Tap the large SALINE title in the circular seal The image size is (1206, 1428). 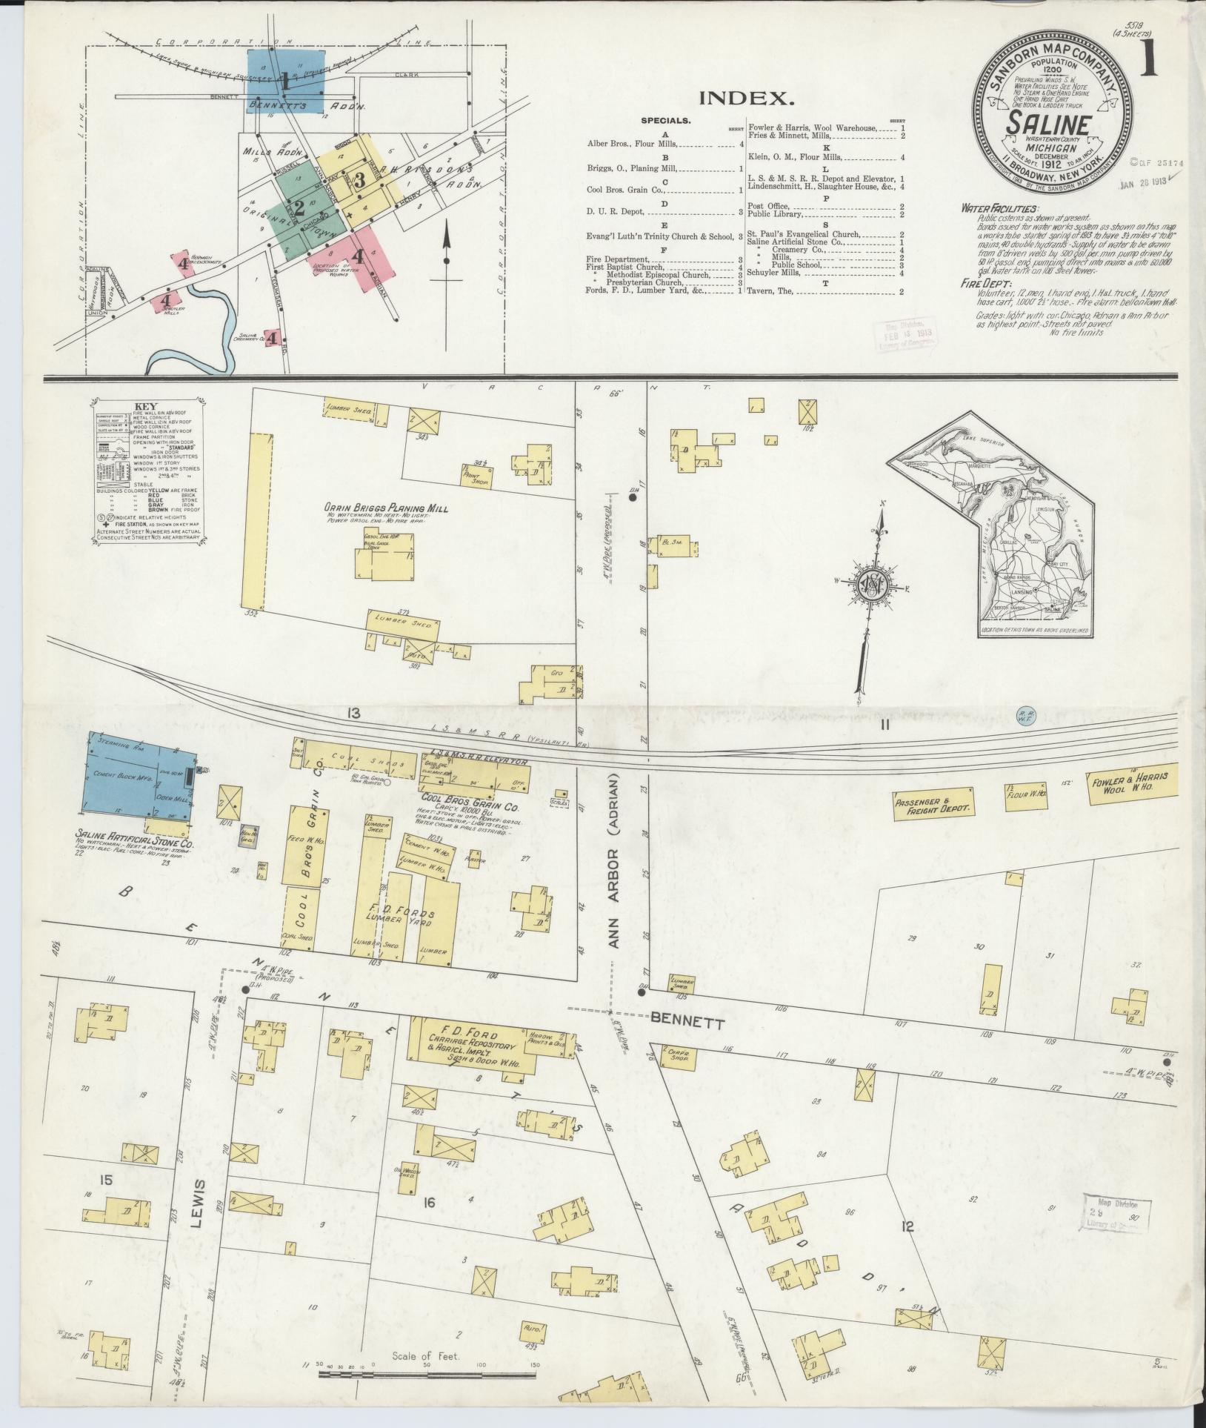(x=1047, y=124)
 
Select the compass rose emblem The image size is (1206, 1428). (x=872, y=585)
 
